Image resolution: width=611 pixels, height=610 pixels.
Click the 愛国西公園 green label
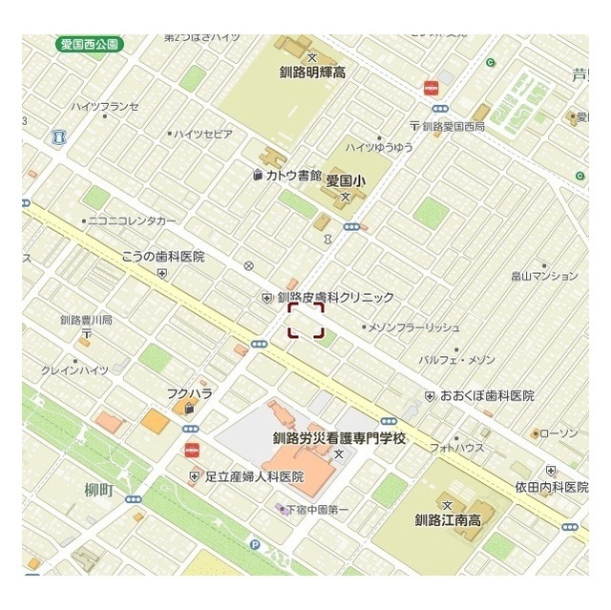[x=90, y=44]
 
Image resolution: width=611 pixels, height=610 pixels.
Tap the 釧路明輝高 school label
[x=312, y=72]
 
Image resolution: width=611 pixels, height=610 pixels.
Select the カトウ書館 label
[x=293, y=175]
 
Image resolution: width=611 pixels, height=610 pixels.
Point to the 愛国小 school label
[x=346, y=180]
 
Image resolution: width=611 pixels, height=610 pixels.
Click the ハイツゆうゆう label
[x=379, y=147]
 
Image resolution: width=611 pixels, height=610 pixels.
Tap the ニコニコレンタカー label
[x=132, y=221]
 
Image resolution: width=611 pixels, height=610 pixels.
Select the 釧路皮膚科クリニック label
[x=334, y=297]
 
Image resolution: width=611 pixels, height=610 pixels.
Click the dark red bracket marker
[x=306, y=321]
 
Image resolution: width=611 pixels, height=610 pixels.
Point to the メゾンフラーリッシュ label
[x=413, y=327]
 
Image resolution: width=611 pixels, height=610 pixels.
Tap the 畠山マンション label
[x=543, y=276]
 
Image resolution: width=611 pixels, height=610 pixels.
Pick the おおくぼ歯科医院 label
[x=487, y=394]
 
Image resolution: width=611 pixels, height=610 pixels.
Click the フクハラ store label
[x=189, y=392]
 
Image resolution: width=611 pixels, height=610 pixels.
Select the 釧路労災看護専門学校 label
[x=339, y=439]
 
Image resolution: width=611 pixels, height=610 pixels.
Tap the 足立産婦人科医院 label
[x=253, y=475]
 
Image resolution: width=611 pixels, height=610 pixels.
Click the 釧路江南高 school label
[x=452, y=520]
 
